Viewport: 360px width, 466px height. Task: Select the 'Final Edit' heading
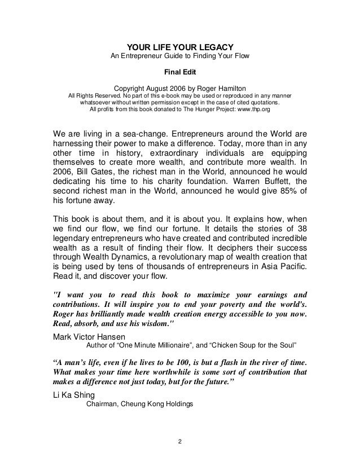179,72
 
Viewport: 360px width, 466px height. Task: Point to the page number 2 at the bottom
179,440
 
